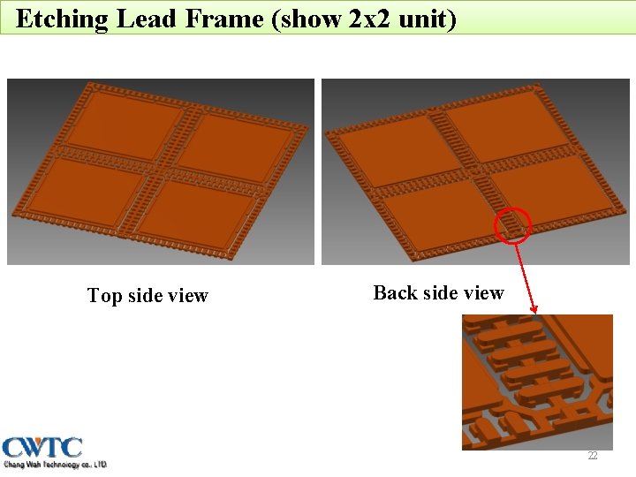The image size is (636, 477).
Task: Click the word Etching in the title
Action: point(61,19)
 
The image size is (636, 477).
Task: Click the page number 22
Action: point(593,456)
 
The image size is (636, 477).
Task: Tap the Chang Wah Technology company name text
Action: point(55,465)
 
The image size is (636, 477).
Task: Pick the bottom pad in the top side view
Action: point(194,207)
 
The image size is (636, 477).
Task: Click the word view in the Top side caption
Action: point(187,296)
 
